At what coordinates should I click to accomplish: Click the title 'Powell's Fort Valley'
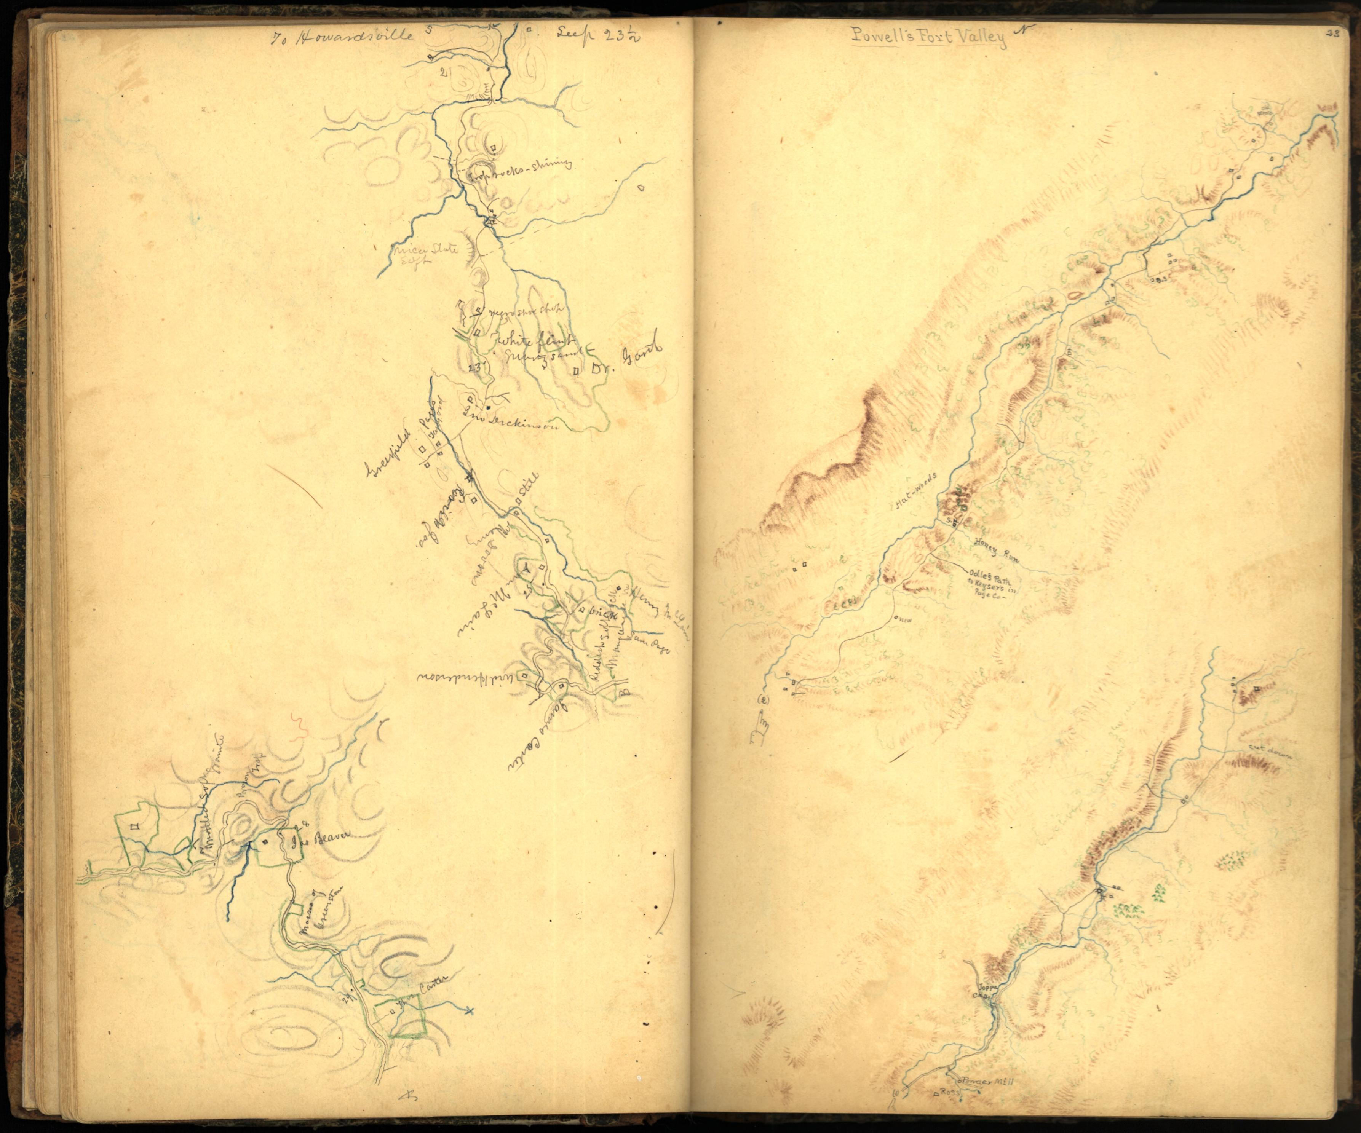click(928, 37)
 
